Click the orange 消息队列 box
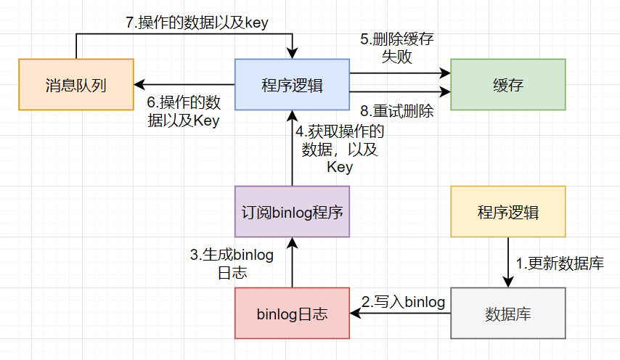pos(76,85)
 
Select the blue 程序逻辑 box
pos(292,85)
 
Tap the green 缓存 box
pos(508,85)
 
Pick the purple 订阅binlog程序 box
pos(292,212)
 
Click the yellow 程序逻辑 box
pos(508,212)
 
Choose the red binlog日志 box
pos(292,314)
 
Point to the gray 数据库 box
pos(508,314)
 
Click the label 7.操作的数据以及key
pos(197,22)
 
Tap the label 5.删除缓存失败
pos(397,48)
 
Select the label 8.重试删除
pos(397,111)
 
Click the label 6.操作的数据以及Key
pos(184,112)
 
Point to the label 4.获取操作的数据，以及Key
pos(340,149)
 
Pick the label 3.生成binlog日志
pos(232,263)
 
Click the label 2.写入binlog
pos(404,302)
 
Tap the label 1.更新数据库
pos(560,263)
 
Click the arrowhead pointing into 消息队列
pos(139,85)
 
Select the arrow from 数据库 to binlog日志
pos(400,314)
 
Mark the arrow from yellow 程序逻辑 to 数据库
pos(508,263)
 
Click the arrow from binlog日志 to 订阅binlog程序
pos(292,263)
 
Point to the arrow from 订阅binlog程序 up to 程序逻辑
pos(292,148)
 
